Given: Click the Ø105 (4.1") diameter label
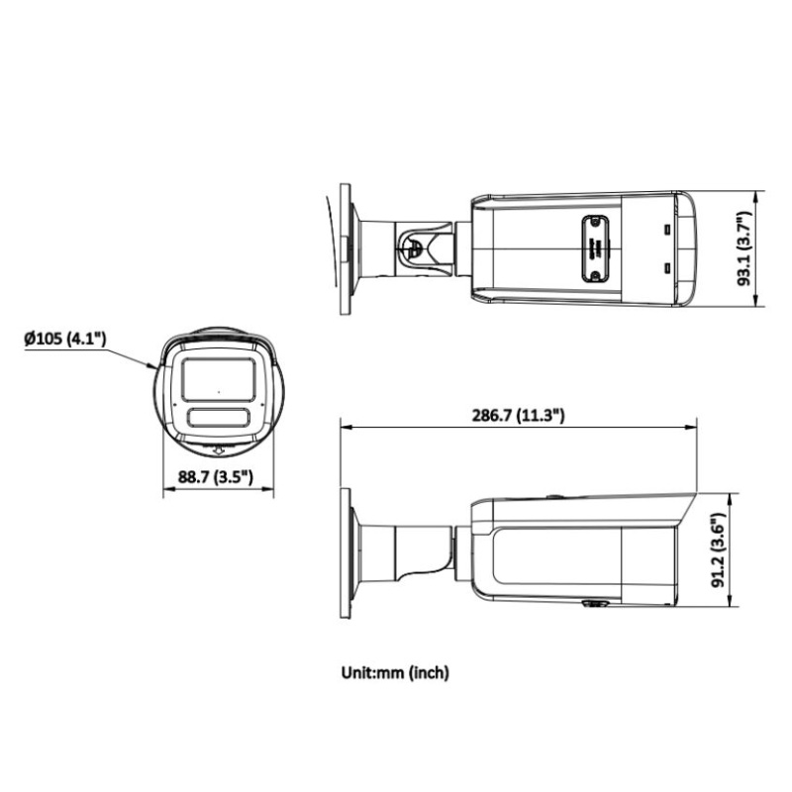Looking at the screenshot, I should point(65,340).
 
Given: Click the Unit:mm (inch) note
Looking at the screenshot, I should point(396,672).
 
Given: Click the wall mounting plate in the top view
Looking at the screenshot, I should point(346,248).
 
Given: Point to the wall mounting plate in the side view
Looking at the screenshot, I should point(346,550).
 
